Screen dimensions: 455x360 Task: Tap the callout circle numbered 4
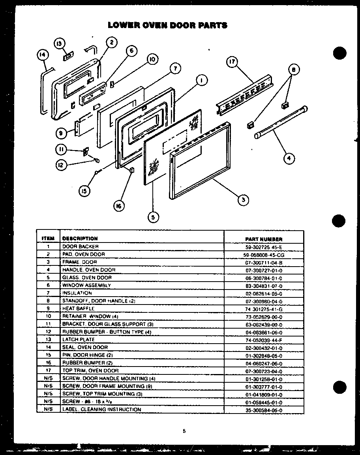coord(289,159)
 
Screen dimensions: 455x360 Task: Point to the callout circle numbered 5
coord(153,216)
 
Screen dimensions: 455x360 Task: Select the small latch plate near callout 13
coord(67,57)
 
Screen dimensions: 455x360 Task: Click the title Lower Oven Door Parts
coord(168,26)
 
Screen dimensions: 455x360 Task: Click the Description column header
coord(80,239)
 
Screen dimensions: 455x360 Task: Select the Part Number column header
coord(264,239)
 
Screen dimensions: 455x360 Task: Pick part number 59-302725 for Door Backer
coord(264,247)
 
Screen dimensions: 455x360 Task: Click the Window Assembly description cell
coord(86,285)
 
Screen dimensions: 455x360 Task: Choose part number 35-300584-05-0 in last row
coord(264,410)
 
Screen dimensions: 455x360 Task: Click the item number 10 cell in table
coord(48,316)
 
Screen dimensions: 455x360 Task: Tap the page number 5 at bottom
coord(184,431)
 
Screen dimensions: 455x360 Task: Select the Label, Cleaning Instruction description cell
coord(101,410)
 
